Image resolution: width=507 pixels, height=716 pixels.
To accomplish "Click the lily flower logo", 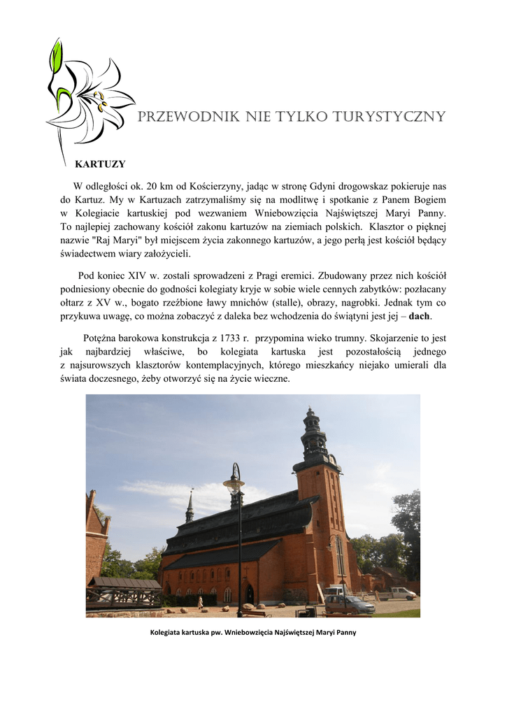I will [87, 98].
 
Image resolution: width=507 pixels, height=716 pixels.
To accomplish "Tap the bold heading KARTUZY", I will [100, 164].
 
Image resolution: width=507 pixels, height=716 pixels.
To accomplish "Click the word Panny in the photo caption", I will [344, 633].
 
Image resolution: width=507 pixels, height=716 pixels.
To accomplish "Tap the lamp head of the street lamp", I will [234, 483].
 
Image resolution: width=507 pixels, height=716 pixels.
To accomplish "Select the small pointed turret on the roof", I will [190, 507].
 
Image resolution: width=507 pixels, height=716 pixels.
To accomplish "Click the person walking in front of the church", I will [200, 602].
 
